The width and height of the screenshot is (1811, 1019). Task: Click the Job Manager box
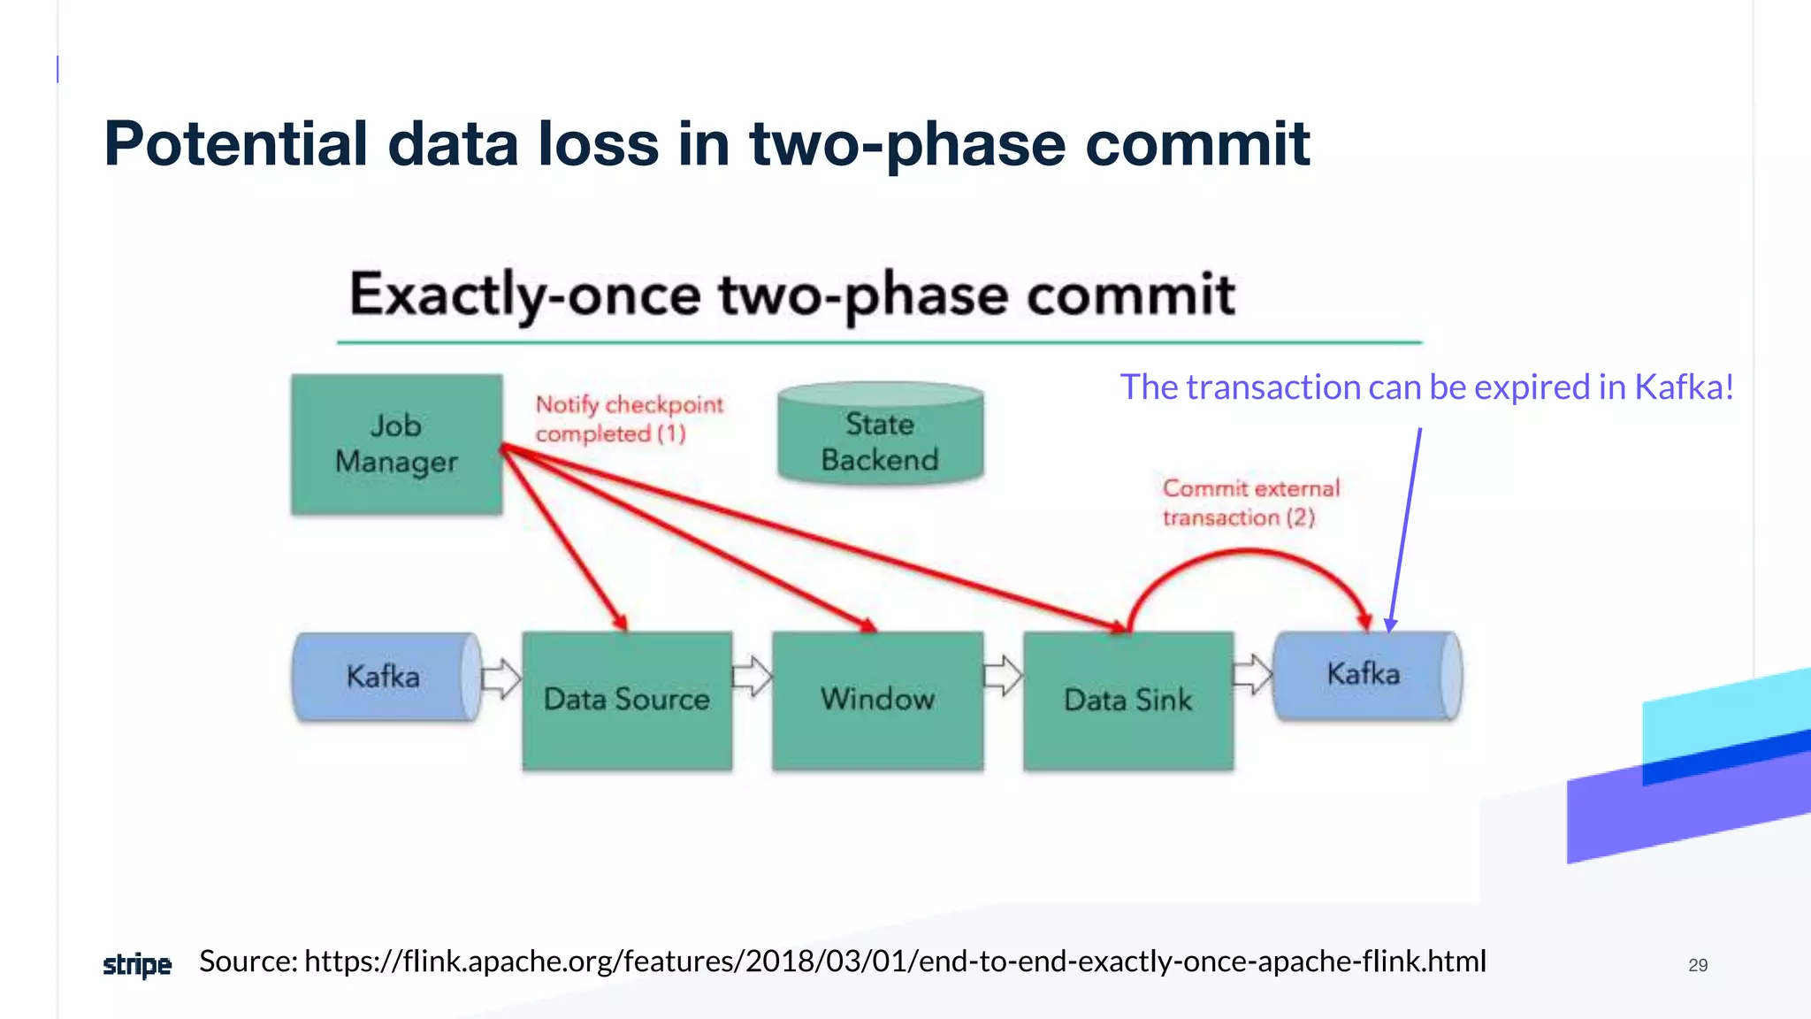(x=396, y=444)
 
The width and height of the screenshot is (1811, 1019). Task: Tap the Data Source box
(x=627, y=700)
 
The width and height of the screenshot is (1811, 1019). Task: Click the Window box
(x=877, y=700)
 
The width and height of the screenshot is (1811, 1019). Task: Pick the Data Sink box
(x=1127, y=700)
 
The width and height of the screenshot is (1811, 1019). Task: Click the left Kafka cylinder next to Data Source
(x=386, y=677)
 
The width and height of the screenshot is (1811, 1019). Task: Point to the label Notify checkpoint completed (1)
(x=628, y=419)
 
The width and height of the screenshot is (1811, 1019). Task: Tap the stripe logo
(x=137, y=964)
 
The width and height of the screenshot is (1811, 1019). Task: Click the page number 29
(x=1697, y=965)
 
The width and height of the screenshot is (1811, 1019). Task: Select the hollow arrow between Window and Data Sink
(x=1003, y=677)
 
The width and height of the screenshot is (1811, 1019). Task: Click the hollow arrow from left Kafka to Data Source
(x=501, y=678)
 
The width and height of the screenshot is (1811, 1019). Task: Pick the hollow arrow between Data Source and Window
(x=752, y=677)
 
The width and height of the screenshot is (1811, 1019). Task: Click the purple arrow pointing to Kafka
(x=1406, y=531)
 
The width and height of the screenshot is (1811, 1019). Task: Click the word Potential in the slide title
(x=235, y=143)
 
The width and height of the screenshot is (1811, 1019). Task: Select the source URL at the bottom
(x=894, y=961)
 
